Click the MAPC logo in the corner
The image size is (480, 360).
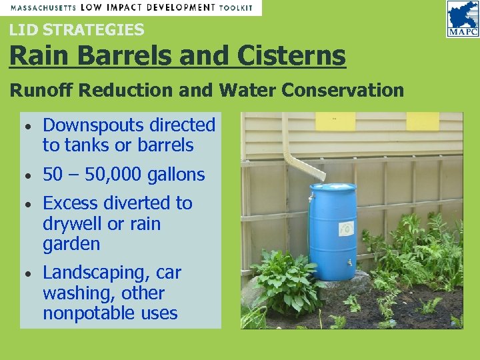(462, 18)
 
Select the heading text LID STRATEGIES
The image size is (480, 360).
(77, 29)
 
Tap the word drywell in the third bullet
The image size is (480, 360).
(73, 224)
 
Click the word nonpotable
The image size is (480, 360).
(89, 313)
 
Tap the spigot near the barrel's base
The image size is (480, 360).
(348, 262)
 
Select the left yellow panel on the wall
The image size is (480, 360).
(335, 121)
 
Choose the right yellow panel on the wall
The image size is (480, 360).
(423, 121)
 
